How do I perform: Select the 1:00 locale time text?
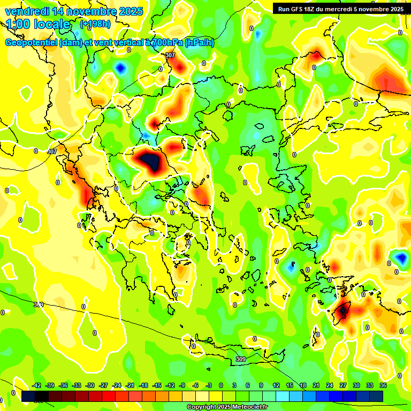pyautogui.click(x=38, y=24)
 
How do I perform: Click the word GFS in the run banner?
pyautogui.click(x=298, y=9)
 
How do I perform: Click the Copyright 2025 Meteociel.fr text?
pyautogui.click(x=228, y=407)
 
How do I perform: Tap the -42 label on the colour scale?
pyautogui.click(x=37, y=385)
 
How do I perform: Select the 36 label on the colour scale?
pyautogui.click(x=383, y=385)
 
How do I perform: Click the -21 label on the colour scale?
pyautogui.click(x=130, y=385)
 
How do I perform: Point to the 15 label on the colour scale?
pyautogui.click(x=290, y=385)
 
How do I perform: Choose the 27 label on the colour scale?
pyautogui.click(x=343, y=385)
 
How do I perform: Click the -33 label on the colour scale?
pyautogui.click(x=77, y=385)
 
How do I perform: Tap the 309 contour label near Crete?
pyautogui.click(x=241, y=360)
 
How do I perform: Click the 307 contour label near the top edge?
pyautogui.click(x=170, y=56)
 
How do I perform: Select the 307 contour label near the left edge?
pyautogui.click(x=52, y=151)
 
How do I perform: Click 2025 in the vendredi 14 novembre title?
pyautogui.click(x=130, y=11)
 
